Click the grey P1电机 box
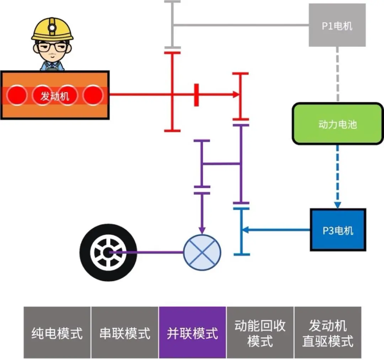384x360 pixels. tap(337, 25)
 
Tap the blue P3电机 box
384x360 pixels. tap(338, 230)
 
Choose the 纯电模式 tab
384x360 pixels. tap(57, 333)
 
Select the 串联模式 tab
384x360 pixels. tap(125, 333)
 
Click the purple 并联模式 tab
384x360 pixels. tap(192, 333)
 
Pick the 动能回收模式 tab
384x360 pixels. tap(260, 333)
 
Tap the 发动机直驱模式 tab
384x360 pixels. tap(327, 333)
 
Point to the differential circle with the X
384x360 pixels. tap(202, 252)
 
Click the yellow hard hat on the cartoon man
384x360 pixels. tap(52, 28)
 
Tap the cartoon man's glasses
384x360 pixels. tap(52, 46)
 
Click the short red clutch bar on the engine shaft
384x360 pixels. tap(196, 95)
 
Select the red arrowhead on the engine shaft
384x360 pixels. tap(236, 95)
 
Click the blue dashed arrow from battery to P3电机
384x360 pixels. tap(337, 174)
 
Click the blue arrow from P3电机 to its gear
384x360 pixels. tap(277, 230)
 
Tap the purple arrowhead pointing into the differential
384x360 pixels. tap(202, 230)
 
